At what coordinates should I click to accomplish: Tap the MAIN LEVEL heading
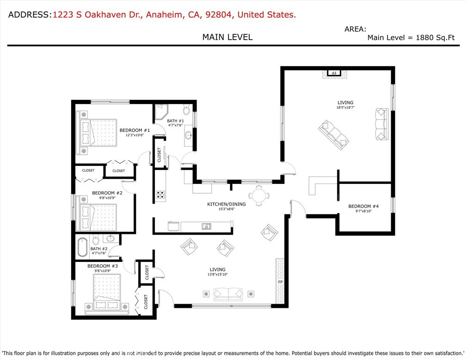[227, 37]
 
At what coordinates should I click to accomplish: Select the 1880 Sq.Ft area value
[432, 38]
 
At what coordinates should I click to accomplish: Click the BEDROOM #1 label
[135, 130]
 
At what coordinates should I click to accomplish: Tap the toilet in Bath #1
[187, 110]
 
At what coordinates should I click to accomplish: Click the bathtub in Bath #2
[82, 247]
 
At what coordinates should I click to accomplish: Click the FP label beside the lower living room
[280, 281]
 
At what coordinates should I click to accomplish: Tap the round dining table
[258, 195]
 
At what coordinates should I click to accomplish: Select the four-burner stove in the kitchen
[160, 195]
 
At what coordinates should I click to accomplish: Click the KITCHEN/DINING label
[226, 204]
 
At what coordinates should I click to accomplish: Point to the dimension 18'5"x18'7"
[345, 108]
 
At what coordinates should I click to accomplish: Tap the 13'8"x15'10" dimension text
[217, 275]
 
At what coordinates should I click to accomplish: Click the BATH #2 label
[99, 249]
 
